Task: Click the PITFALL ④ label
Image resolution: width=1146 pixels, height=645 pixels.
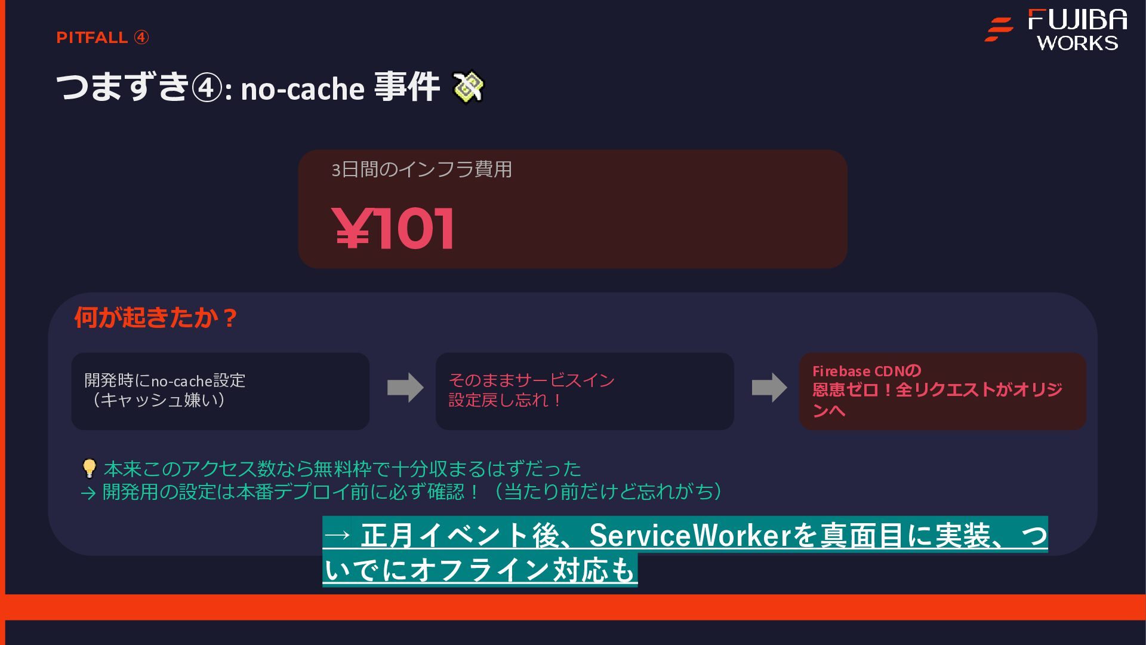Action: click(x=102, y=38)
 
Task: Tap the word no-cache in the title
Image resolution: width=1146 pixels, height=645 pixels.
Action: click(x=302, y=89)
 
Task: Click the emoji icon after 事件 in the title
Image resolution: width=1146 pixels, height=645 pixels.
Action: click(x=469, y=87)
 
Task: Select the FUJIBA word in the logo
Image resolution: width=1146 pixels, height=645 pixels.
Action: click(x=1077, y=20)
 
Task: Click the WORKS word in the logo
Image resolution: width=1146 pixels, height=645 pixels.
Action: click(x=1077, y=43)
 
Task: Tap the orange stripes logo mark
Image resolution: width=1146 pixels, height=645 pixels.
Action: click(x=999, y=29)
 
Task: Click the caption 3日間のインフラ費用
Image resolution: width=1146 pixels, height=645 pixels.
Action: click(x=421, y=170)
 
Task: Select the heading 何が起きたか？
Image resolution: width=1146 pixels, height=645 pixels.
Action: click(x=156, y=317)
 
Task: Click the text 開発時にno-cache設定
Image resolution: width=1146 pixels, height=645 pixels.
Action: click(x=165, y=380)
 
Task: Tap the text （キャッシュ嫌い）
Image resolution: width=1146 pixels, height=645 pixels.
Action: click(x=158, y=400)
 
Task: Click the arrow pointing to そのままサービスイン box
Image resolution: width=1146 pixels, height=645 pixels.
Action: click(x=405, y=388)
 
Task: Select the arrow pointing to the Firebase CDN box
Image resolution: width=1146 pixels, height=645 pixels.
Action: click(x=769, y=388)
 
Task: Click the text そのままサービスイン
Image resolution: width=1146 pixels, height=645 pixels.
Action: click(x=531, y=380)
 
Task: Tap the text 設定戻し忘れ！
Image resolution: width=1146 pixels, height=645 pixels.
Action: click(x=506, y=400)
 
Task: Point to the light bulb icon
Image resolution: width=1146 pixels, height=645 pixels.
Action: click(x=89, y=468)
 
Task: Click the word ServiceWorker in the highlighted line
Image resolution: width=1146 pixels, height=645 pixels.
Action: click(x=690, y=535)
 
